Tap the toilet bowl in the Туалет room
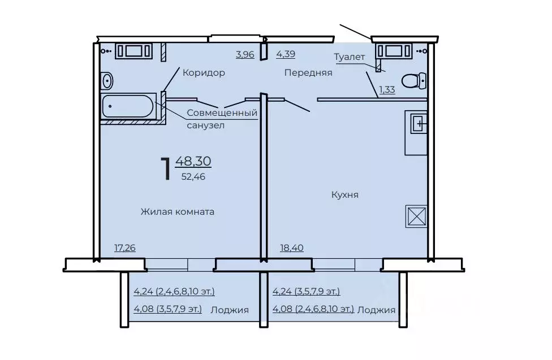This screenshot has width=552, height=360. (x=414, y=81)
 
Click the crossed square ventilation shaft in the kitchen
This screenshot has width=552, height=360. (x=416, y=216)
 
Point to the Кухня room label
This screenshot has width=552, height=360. (x=344, y=194)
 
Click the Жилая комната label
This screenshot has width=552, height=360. (x=178, y=211)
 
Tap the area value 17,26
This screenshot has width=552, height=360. (x=125, y=248)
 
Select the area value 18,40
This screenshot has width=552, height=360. (x=292, y=248)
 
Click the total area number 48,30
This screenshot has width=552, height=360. (x=193, y=161)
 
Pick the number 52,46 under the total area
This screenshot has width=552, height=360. (x=193, y=177)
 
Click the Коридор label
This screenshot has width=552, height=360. (x=204, y=73)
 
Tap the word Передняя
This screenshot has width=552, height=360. (x=308, y=73)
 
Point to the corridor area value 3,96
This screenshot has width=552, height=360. (x=245, y=54)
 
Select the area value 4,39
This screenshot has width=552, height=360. (x=286, y=54)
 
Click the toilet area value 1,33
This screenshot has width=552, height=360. (x=387, y=89)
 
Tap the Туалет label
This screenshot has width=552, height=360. (x=349, y=57)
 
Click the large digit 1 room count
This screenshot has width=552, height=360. (x=166, y=169)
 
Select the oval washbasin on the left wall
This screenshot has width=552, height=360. (x=107, y=81)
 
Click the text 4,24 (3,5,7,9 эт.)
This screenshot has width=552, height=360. (x=307, y=292)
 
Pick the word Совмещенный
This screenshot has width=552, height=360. (x=222, y=113)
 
